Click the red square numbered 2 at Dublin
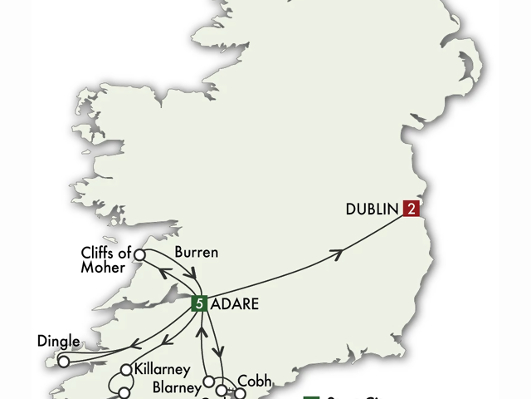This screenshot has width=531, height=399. pos(410,209)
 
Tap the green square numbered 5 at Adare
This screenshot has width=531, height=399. pos(198,303)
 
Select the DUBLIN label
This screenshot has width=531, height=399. pos(373,209)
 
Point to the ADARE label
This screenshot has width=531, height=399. pos(235,304)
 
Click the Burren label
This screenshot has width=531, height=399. pos(197,252)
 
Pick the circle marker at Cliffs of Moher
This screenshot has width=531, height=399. pos(140,254)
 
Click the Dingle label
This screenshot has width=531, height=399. pos(59,340)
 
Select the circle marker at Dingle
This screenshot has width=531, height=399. pos(63,362)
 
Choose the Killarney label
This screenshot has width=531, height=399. pos(163,369)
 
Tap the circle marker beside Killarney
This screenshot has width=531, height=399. pos(127,370)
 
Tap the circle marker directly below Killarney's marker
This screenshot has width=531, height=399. pos(124,392)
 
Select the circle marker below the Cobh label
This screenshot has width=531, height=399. pos(240,393)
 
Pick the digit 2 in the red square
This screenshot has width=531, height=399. pos(410,209)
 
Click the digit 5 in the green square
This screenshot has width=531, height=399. pos(198,303)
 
